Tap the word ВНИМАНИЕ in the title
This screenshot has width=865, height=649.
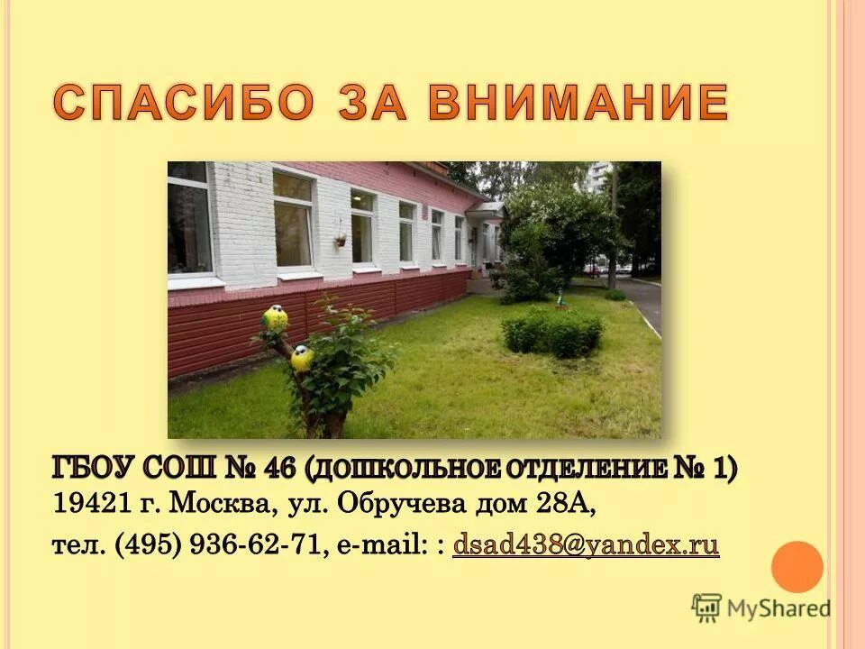pos(577,102)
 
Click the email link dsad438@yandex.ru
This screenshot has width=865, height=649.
pos(586,545)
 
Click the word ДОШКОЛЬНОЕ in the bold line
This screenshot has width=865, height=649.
pos(402,469)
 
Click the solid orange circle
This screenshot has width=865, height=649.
pos(797,567)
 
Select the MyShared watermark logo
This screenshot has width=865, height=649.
pos(762,608)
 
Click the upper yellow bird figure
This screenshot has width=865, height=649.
pos(274,317)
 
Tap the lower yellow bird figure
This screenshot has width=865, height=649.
pos(302,358)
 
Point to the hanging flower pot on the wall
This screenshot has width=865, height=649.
pos(341,240)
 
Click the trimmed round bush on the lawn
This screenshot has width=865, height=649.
pos(551,331)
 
